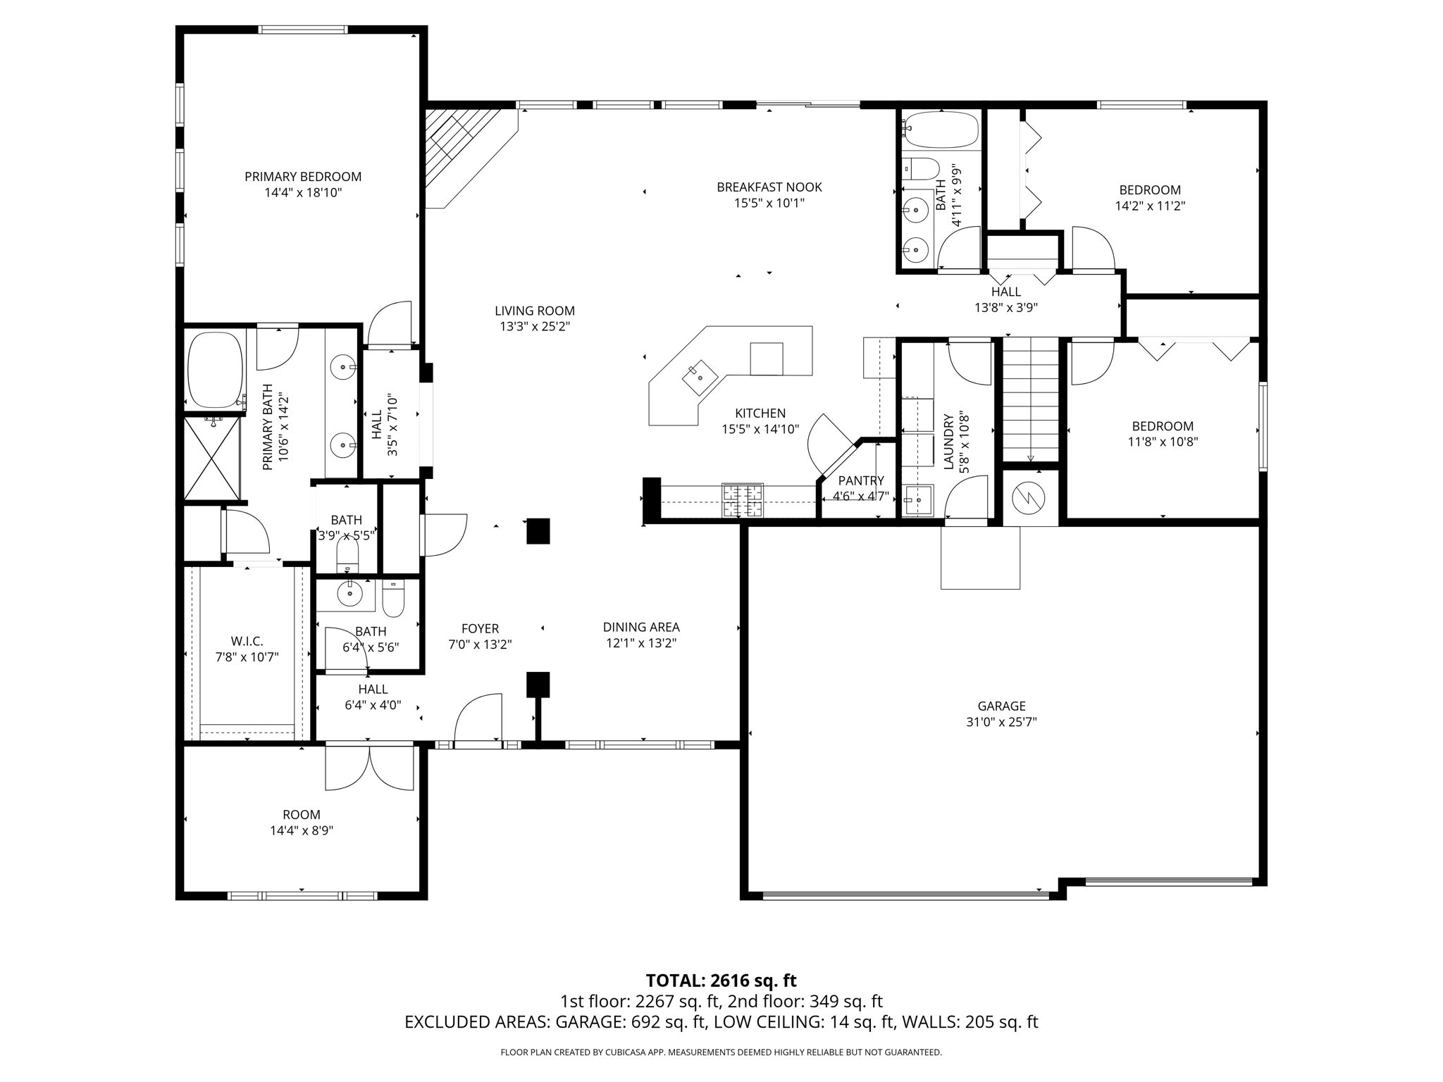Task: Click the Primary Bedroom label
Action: (303, 177)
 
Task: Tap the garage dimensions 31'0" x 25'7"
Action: (1001, 722)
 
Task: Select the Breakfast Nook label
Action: (769, 187)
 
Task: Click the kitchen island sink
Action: (700, 378)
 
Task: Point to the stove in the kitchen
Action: (742, 500)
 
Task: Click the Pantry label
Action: (861, 480)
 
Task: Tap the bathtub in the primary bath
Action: (216, 370)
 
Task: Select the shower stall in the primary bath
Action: (212, 458)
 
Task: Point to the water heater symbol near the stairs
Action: (1030, 499)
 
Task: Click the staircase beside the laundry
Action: (1031, 399)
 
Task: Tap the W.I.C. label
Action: (247, 641)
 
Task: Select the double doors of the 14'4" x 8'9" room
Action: (369, 768)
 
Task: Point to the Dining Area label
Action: (641, 627)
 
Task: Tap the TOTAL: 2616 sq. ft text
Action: (721, 981)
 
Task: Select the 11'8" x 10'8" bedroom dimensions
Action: (1163, 442)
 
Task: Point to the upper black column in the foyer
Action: (538, 531)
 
